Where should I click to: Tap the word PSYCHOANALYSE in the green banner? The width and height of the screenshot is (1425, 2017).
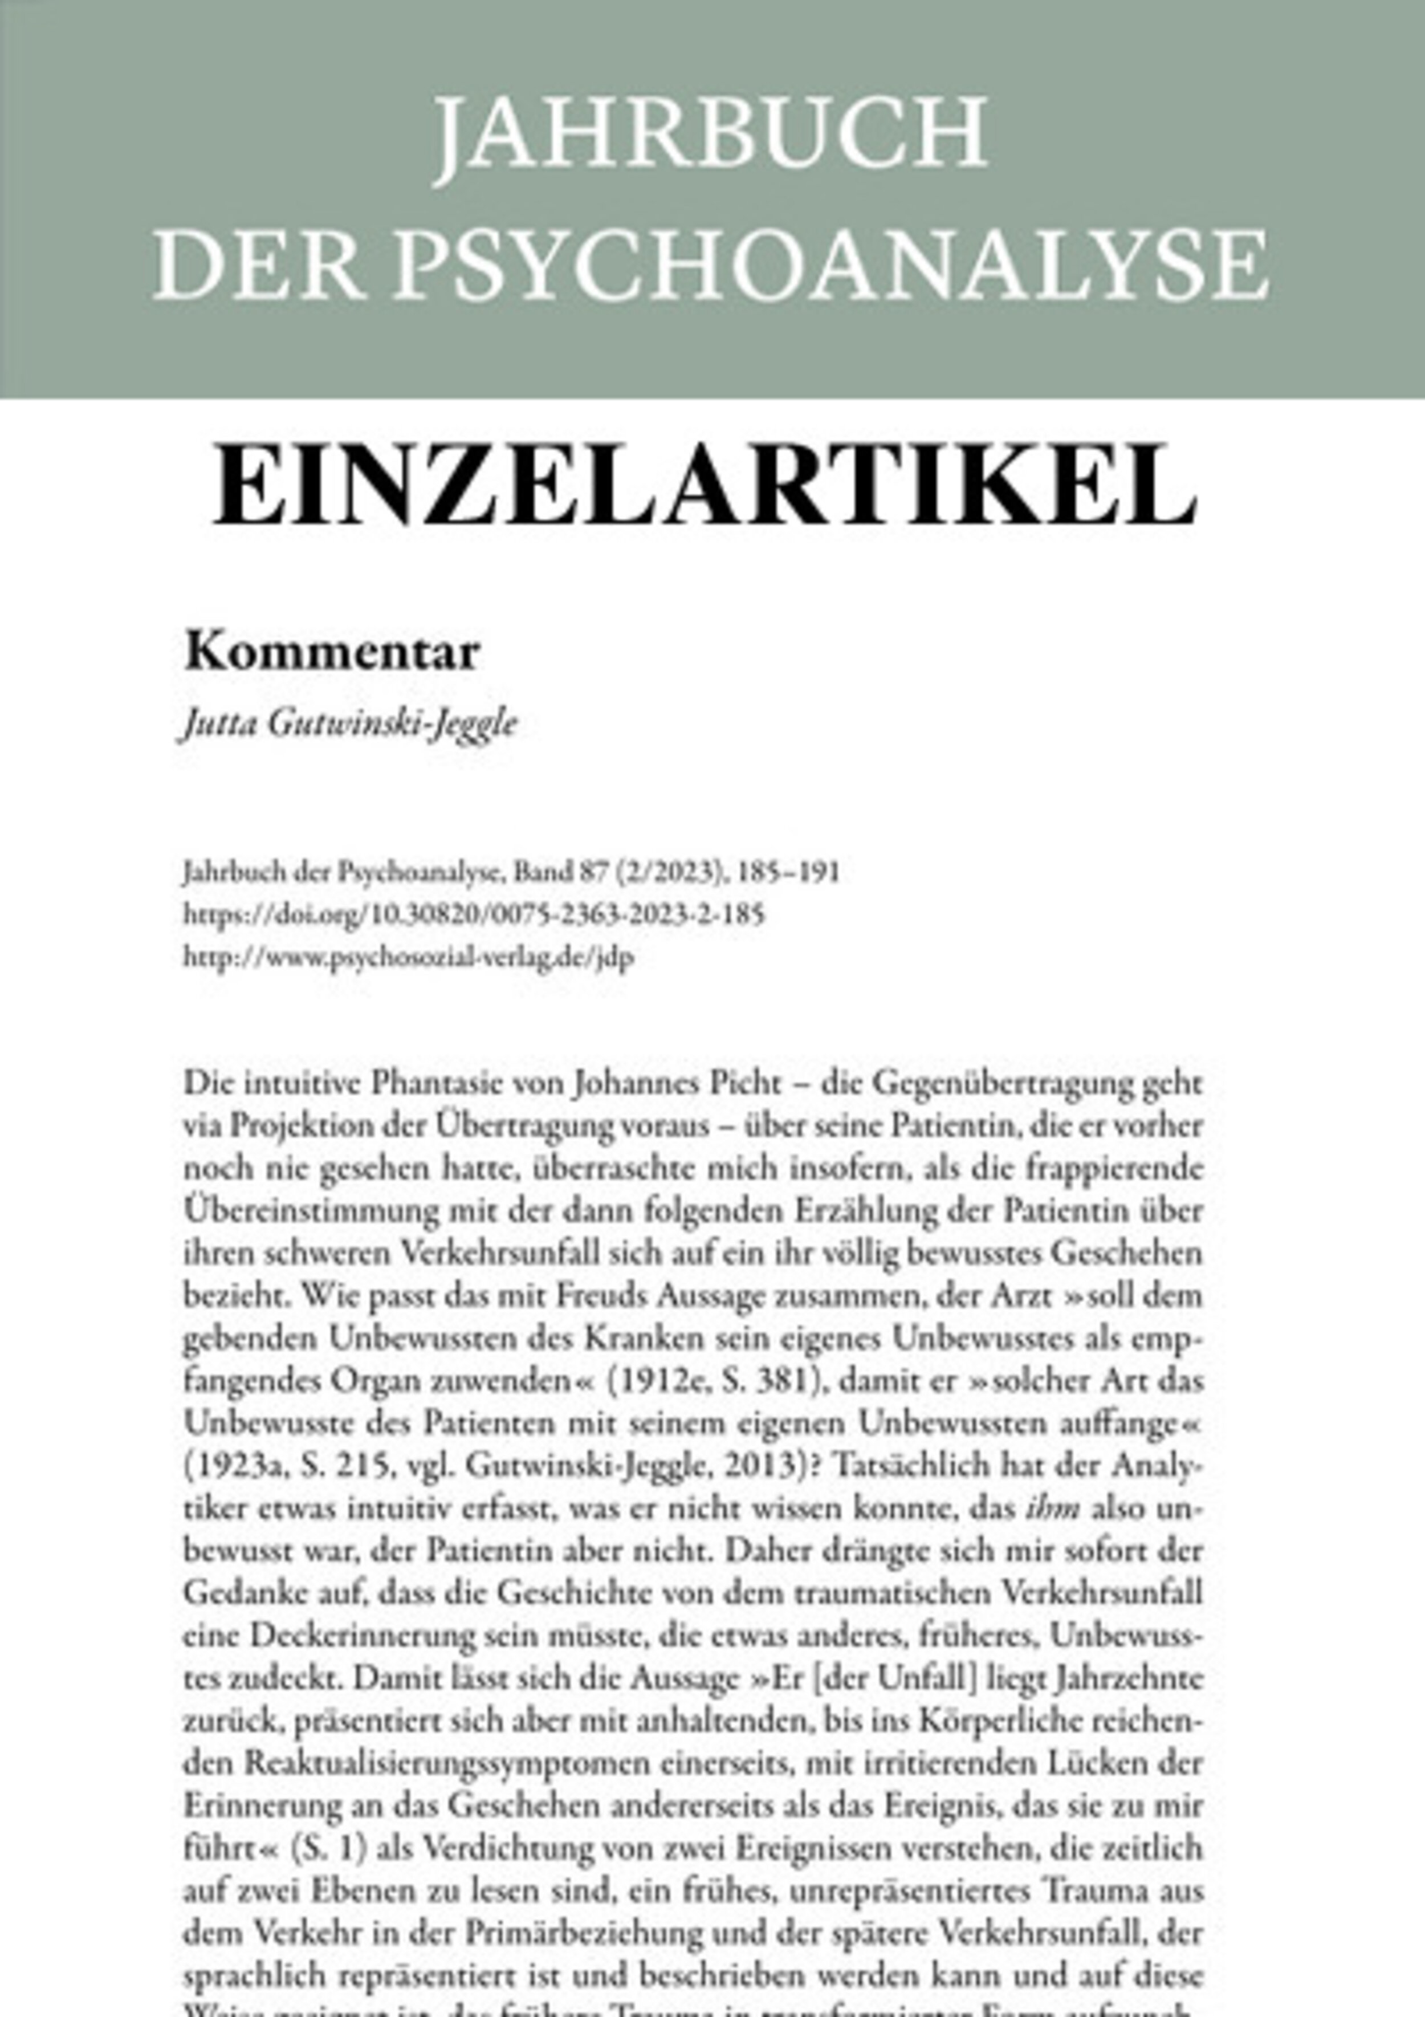pos(830,265)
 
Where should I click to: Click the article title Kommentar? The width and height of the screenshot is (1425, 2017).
pos(332,653)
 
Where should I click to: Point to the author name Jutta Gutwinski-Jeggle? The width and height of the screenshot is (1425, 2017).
pos(349,725)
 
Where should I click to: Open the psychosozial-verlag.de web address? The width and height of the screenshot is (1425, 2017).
pos(409,957)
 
